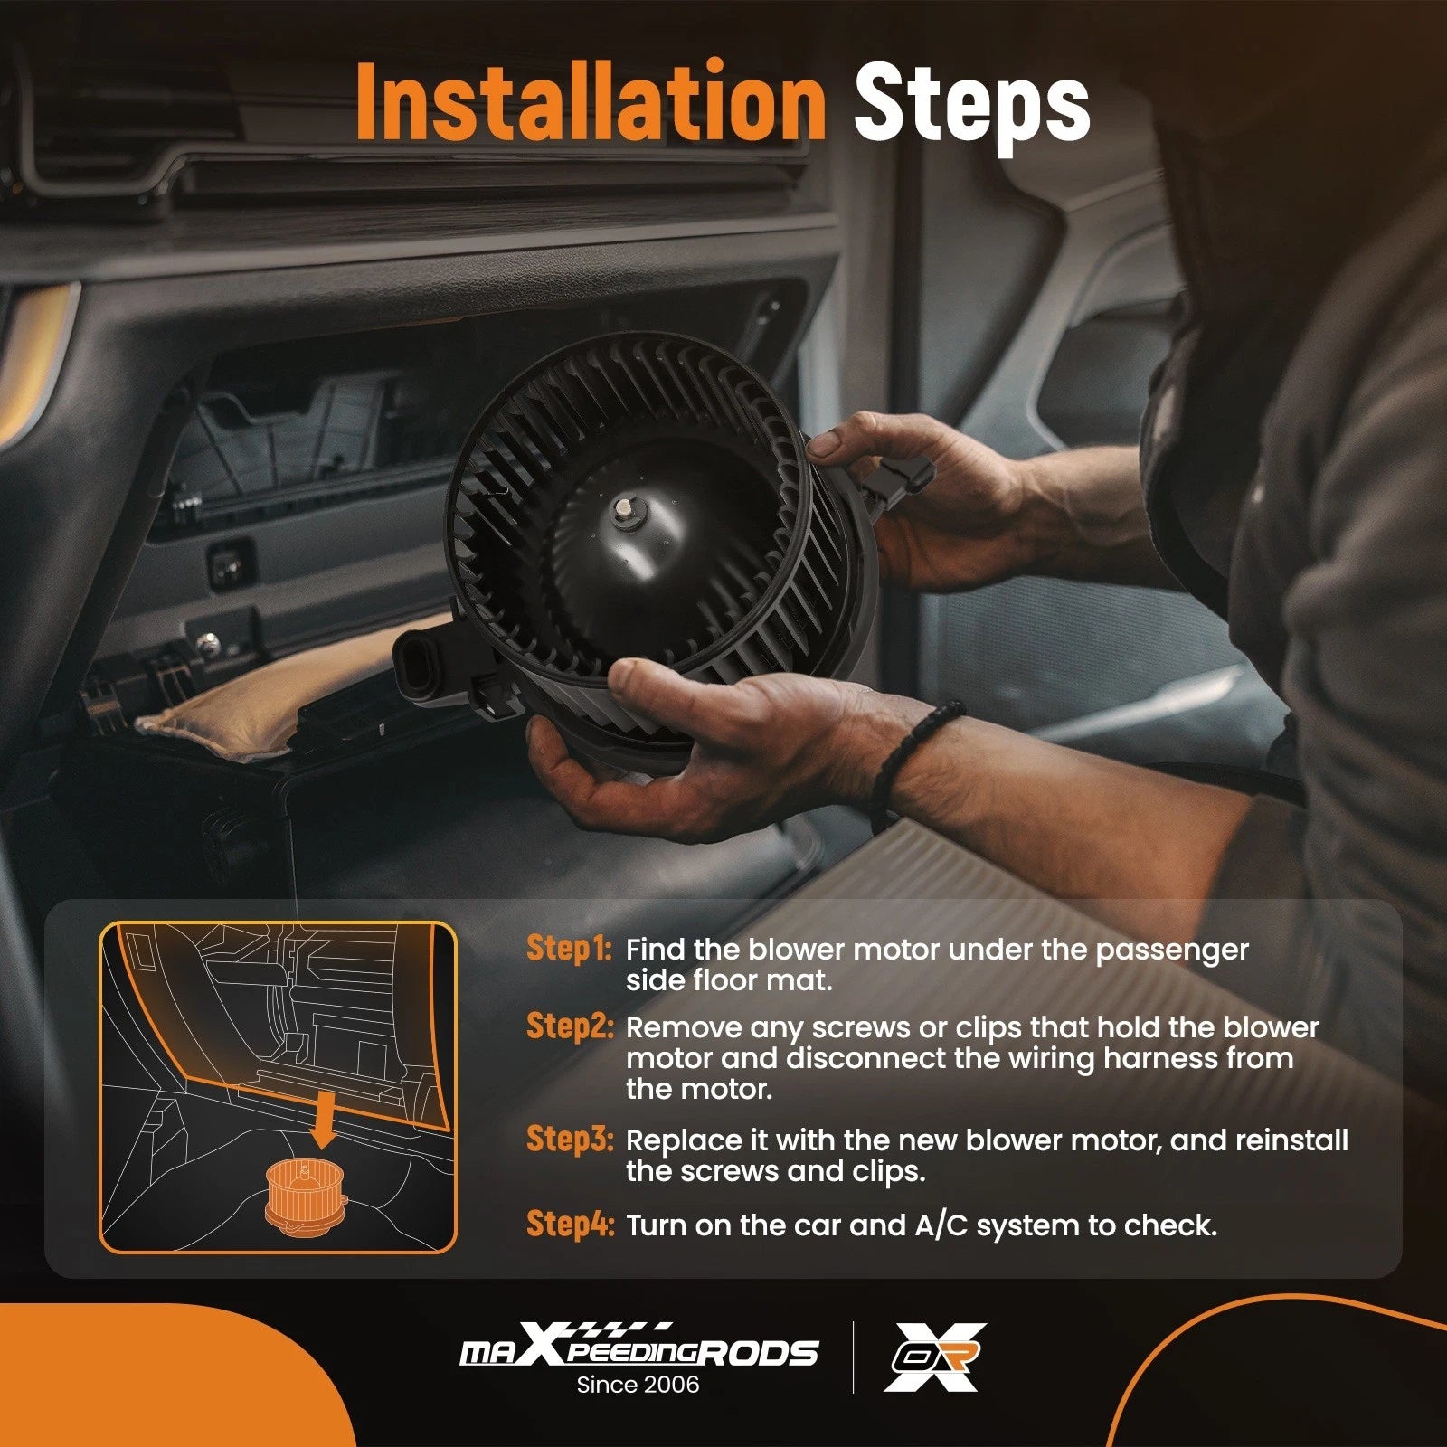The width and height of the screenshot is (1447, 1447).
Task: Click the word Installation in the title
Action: pyautogui.click(x=591, y=100)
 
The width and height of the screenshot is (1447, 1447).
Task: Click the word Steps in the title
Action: pyautogui.click(x=971, y=107)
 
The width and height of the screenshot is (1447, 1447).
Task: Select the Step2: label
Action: pyautogui.click(x=570, y=1026)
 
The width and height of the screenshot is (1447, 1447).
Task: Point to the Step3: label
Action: pyautogui.click(x=570, y=1139)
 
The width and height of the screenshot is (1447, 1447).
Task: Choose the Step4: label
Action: pyautogui.click(x=570, y=1224)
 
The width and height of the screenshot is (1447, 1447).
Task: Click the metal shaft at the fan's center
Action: pyautogui.click(x=624, y=511)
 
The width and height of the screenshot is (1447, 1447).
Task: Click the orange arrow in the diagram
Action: pyautogui.click(x=322, y=1121)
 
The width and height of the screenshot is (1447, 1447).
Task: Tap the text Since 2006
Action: pyautogui.click(x=638, y=1385)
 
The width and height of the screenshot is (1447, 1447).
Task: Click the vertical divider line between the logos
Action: pyautogui.click(x=853, y=1357)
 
